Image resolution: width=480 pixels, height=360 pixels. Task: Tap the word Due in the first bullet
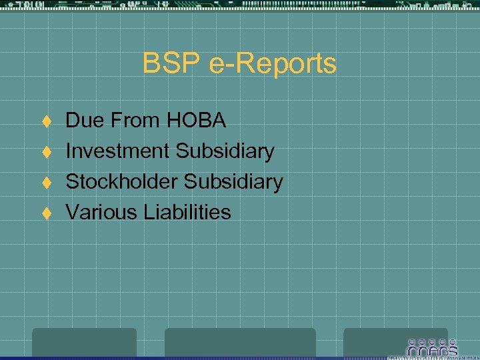click(x=83, y=121)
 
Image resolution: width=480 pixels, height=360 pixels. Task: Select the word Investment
click(x=117, y=151)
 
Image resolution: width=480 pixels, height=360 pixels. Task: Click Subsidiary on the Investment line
click(x=225, y=151)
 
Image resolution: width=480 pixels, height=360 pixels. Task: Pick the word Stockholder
click(x=122, y=182)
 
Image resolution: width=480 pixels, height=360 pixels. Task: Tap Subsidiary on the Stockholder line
click(x=233, y=182)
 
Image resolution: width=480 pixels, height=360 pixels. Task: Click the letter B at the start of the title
click(x=151, y=65)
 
